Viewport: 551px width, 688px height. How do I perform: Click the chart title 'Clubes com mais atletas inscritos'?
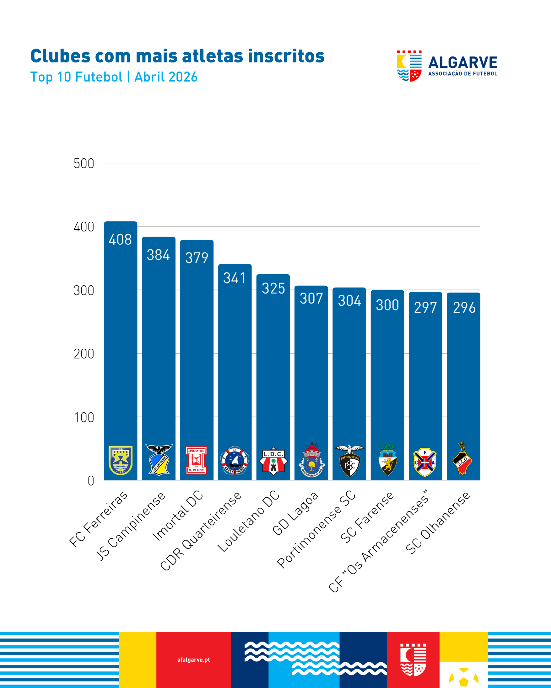click(x=177, y=56)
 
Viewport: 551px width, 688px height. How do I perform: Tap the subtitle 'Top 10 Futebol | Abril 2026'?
click(x=114, y=77)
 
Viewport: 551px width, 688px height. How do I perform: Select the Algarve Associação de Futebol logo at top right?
click(x=447, y=66)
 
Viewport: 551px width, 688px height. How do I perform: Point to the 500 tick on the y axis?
click(x=84, y=164)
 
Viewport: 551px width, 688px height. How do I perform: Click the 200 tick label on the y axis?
click(x=84, y=354)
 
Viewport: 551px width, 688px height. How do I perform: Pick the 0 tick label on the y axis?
click(x=91, y=481)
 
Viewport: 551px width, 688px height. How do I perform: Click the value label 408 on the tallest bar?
click(x=120, y=240)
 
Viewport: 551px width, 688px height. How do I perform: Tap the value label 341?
click(x=235, y=278)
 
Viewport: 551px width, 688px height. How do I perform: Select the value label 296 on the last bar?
click(x=464, y=308)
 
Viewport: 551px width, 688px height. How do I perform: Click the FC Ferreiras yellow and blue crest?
click(x=121, y=460)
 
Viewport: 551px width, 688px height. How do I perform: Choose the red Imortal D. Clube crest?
click(x=196, y=460)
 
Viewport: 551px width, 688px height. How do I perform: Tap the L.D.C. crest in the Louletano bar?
click(x=273, y=461)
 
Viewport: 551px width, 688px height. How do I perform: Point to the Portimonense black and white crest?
click(x=349, y=461)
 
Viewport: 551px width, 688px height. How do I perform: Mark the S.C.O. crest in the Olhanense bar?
click(x=462, y=458)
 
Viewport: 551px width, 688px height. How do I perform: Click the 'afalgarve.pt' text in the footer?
click(x=194, y=659)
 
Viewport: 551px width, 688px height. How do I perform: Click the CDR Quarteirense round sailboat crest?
click(x=235, y=461)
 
